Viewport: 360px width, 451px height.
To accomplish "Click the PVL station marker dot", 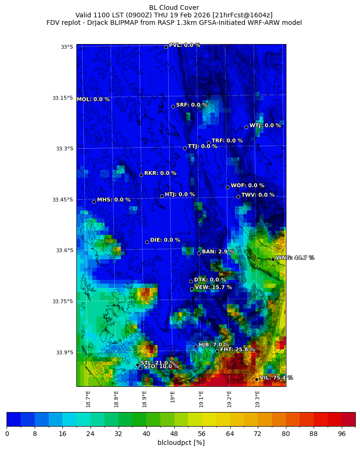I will (166, 47).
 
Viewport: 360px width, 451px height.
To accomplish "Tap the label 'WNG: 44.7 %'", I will (295, 258).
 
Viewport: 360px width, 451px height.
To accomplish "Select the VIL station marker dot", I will (256, 379).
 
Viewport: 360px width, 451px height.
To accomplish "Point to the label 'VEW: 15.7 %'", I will (213, 287).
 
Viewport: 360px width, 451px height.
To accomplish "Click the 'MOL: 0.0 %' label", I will (93, 99).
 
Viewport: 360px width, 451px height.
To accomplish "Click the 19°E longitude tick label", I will (173, 397).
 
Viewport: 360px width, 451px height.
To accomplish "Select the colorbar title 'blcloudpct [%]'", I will (181, 443).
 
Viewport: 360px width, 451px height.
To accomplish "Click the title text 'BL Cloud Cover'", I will (174, 8).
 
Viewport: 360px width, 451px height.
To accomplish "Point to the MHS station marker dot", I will (94, 202).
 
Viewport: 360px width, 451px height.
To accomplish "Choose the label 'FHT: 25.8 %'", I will (238, 350).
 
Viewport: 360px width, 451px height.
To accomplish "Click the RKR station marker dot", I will (141, 175).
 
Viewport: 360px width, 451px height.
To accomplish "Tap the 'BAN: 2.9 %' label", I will (218, 252).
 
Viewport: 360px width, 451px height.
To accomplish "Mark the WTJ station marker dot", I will (246, 127).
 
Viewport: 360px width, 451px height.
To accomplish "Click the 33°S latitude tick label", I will (67, 47).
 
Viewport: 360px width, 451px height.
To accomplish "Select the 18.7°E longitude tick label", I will (88, 398).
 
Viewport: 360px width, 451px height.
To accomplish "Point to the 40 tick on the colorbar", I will (146, 434).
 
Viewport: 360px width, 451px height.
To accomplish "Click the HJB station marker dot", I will (195, 346).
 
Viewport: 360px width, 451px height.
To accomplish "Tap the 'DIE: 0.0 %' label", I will (165, 240).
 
